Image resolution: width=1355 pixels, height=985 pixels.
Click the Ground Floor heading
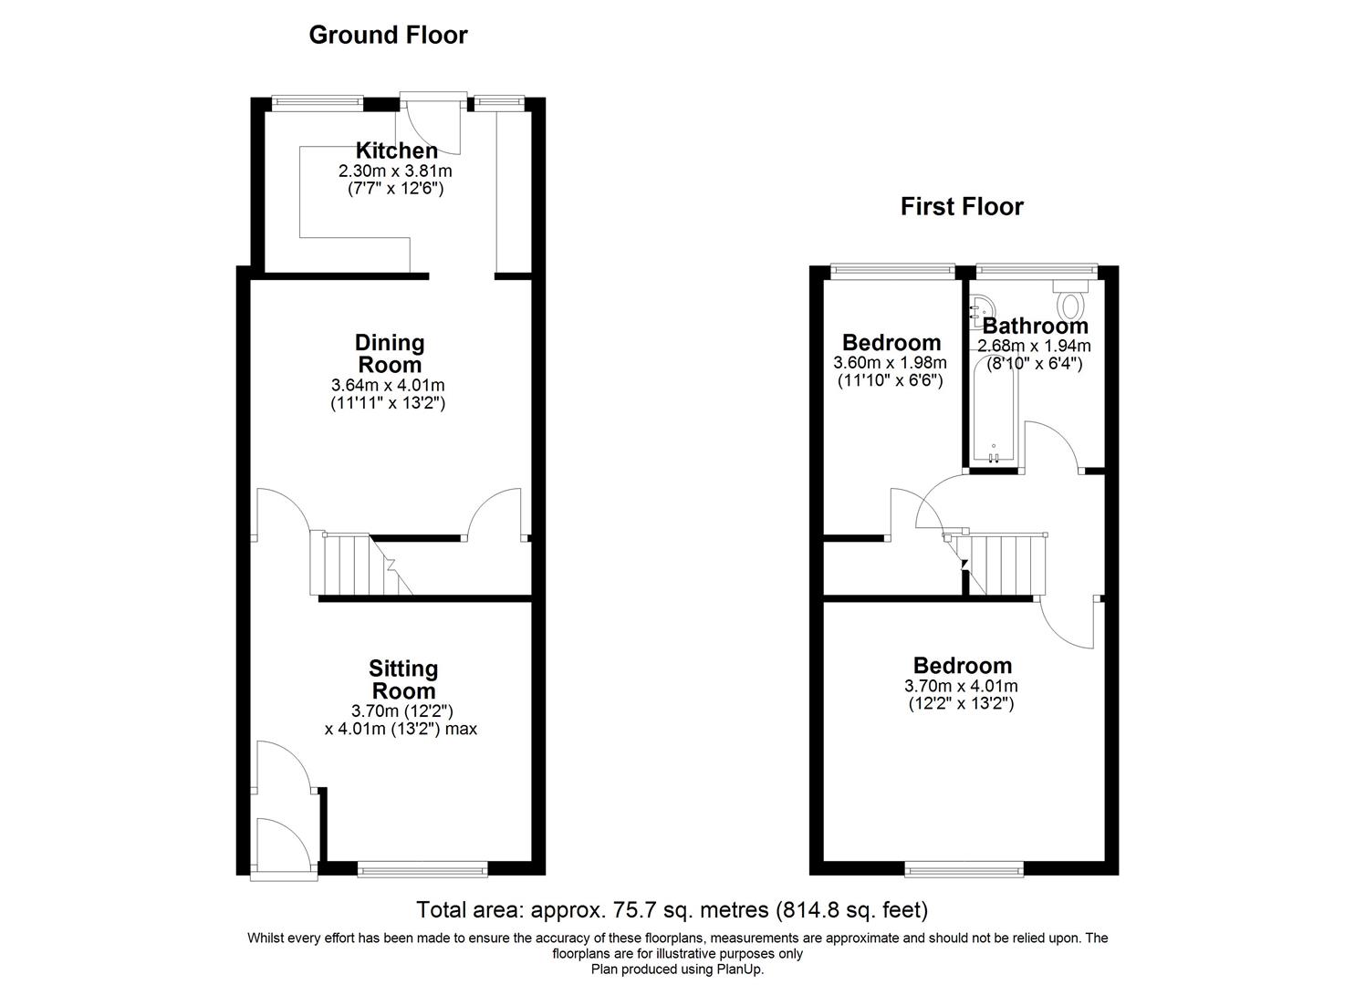point(388,35)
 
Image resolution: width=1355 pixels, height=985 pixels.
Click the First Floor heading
point(961,206)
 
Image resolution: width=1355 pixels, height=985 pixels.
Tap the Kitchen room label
point(396,150)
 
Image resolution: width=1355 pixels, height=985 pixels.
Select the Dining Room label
point(390,353)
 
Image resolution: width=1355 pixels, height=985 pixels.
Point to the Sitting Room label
point(402,679)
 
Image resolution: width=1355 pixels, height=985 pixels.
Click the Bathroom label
point(1035,326)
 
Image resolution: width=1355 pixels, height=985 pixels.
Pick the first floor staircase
point(1004,563)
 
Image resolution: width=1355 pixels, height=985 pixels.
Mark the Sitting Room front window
point(422,870)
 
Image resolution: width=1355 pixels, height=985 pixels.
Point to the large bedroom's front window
point(964,870)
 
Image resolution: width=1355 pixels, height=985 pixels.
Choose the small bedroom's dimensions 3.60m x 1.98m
point(890,363)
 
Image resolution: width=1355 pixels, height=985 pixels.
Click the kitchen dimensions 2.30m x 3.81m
point(395,171)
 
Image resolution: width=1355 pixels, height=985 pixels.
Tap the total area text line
point(672,909)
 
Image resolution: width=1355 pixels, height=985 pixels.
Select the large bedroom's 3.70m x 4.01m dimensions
point(961,686)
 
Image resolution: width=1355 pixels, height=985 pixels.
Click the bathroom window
point(1036,269)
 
